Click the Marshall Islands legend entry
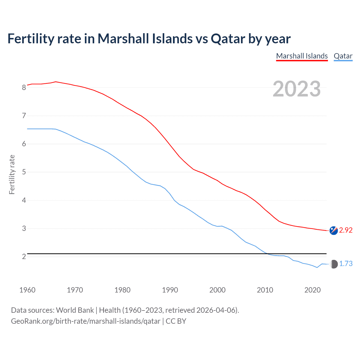302,56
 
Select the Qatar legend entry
343,56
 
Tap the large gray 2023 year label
297,89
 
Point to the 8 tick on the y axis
24,87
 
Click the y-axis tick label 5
24,172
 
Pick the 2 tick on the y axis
24,256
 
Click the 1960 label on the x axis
27,290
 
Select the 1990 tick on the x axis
170,290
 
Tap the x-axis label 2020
312,290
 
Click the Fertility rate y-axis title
12,174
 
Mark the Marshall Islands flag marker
334,230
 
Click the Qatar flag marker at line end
334,264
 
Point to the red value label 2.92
346,230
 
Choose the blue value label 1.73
346,264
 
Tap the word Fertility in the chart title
31,39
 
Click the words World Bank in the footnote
75,310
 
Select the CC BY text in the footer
176,321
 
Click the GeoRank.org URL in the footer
85,321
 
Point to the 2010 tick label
265,290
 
